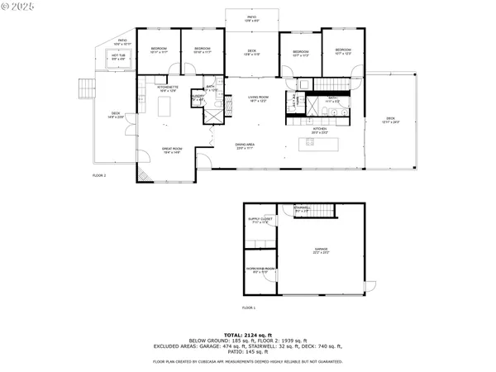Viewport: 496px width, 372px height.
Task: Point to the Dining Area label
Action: [x=246, y=145]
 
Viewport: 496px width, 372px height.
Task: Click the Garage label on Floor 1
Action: [x=320, y=249]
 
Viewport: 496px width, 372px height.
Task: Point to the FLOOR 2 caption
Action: [x=99, y=176]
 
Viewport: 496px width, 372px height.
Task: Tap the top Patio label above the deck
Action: [x=251, y=18]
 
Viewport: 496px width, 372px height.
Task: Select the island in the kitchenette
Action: [x=163, y=106]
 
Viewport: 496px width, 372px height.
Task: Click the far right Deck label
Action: [x=390, y=120]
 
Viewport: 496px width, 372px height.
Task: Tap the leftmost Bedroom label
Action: [x=160, y=50]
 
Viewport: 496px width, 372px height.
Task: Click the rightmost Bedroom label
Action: [x=343, y=50]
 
